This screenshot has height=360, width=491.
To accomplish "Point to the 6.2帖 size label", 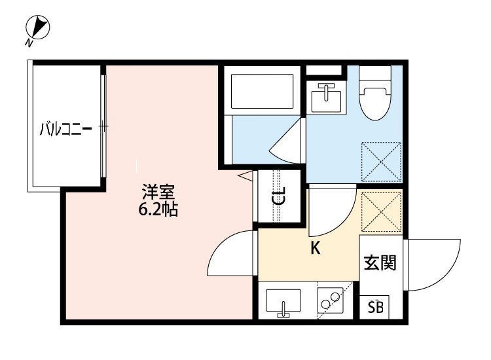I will coord(158,211).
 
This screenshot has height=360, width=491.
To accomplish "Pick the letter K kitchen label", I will coord(315,248).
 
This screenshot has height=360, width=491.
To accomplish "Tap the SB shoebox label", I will coord(375,308).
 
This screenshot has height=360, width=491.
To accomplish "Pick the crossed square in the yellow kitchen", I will coord(380,210).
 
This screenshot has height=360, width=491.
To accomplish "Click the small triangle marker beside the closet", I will coord(245,175).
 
